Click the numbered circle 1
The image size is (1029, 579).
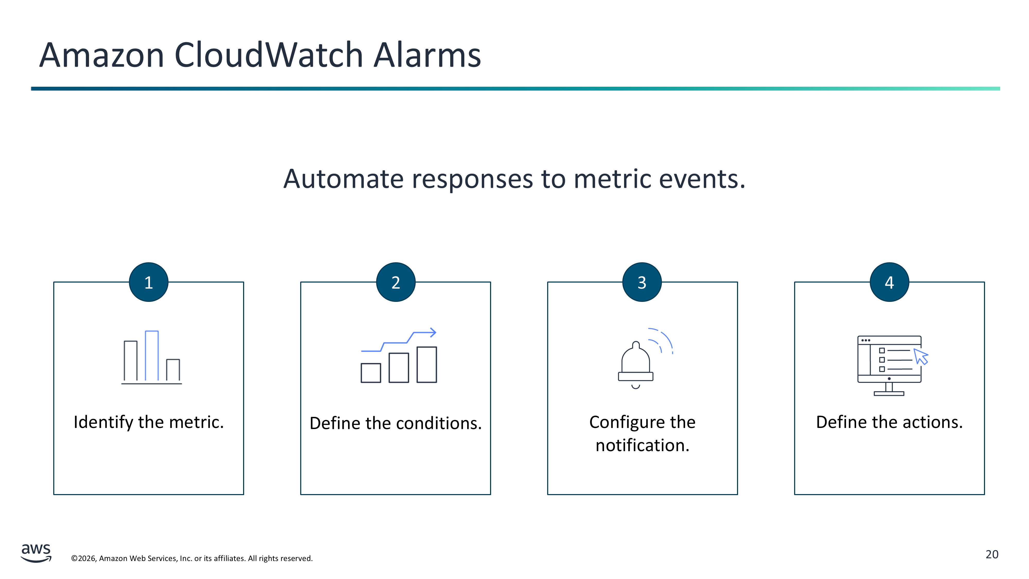149,282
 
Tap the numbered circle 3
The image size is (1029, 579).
642,282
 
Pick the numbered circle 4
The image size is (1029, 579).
889,282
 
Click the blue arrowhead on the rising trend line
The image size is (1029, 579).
432,332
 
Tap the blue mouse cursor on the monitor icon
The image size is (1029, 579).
921,356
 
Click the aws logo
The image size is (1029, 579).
36,553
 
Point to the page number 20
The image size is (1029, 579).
992,555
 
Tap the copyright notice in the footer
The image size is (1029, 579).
192,558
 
